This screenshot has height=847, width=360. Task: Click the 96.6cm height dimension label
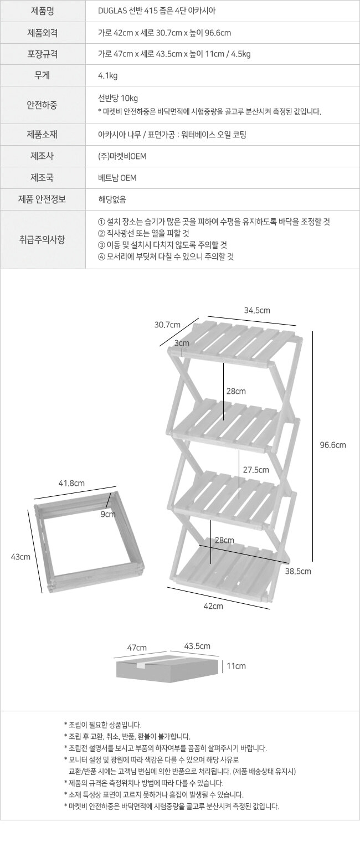333,445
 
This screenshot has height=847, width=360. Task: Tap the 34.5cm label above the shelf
257,310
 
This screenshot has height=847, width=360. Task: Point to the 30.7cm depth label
167,325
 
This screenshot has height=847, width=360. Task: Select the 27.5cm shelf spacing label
256,470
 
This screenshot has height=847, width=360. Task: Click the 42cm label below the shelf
213,606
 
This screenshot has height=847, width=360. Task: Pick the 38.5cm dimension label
298,571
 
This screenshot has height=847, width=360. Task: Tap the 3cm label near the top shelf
182,343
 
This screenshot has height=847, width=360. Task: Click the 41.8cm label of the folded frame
71,483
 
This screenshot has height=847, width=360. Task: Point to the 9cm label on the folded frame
108,514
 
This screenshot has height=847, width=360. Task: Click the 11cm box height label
236,666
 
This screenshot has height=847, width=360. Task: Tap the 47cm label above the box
137,648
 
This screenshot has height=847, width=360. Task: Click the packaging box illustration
167,668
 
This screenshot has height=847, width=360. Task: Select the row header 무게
42,75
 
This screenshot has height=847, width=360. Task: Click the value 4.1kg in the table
108,76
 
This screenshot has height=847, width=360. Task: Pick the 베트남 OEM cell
117,178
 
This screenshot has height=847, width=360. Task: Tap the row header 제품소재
42,134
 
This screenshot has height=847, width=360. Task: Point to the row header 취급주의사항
42,239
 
